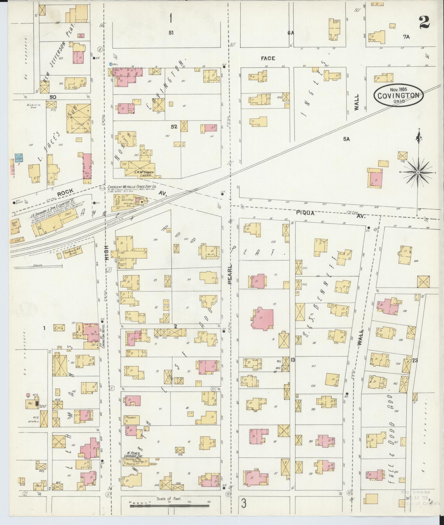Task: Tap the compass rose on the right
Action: click(418, 173)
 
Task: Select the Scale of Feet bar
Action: click(169, 506)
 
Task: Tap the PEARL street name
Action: click(230, 274)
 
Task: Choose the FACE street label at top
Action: click(268, 58)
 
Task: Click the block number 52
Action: click(174, 127)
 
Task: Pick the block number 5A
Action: click(346, 139)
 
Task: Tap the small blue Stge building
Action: click(19, 158)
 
